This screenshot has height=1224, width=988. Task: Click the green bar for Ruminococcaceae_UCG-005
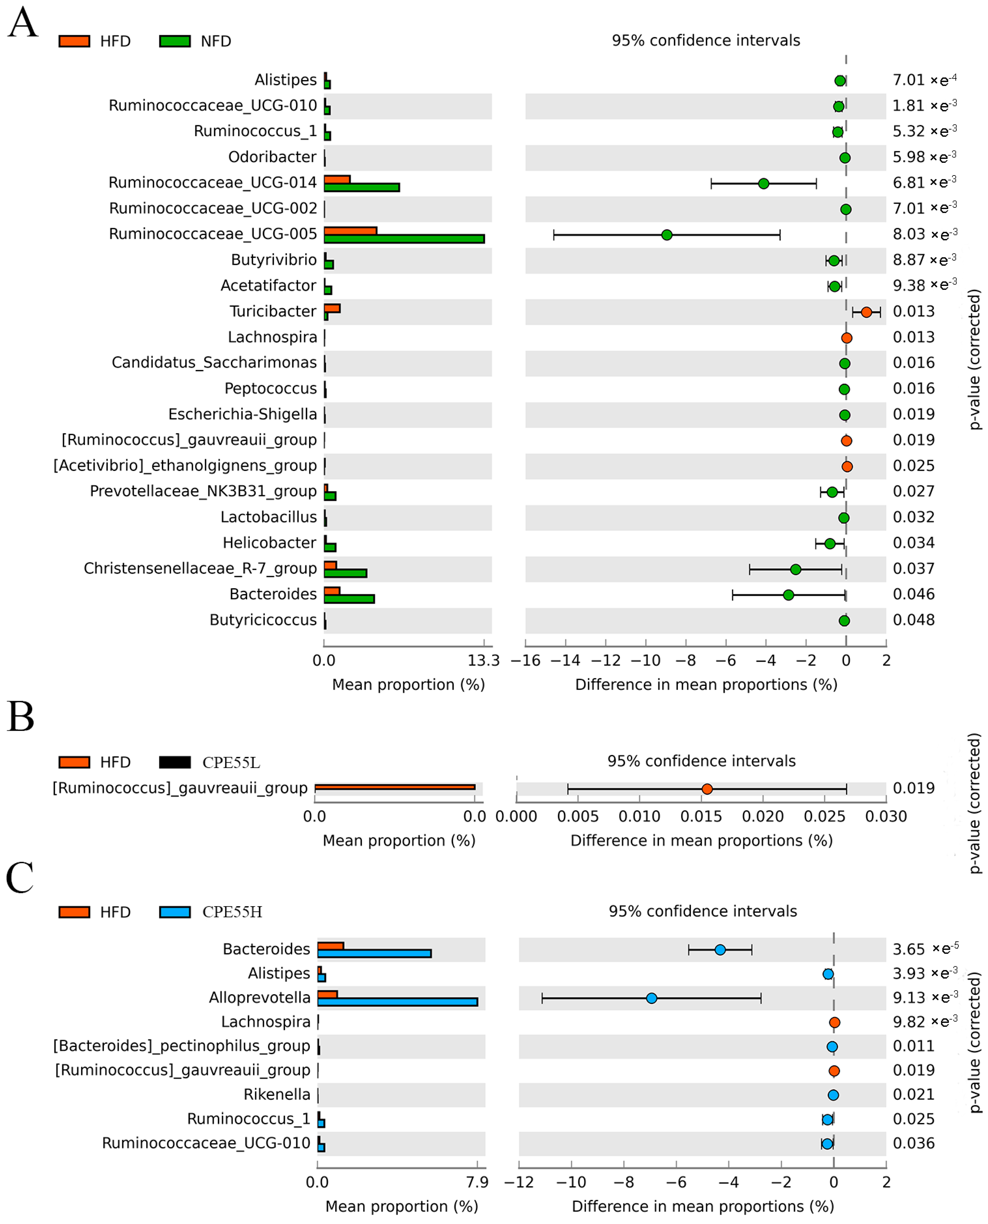pyautogui.click(x=404, y=239)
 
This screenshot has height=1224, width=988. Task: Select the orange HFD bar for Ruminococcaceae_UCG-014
pyautogui.click(x=337, y=179)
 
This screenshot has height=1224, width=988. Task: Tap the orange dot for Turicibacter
pyautogui.click(x=866, y=312)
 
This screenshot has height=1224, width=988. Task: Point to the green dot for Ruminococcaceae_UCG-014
pyautogui.click(x=764, y=183)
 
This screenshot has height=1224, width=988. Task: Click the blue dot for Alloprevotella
pyautogui.click(x=652, y=998)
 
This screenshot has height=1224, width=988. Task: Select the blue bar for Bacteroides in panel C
pyautogui.click(x=375, y=953)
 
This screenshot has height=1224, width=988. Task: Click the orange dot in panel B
pyautogui.click(x=707, y=789)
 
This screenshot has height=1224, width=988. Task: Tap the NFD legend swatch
pyautogui.click(x=175, y=41)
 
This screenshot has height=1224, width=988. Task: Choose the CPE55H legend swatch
pyautogui.click(x=175, y=912)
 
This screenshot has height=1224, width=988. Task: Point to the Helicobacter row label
pyautogui.click(x=269, y=543)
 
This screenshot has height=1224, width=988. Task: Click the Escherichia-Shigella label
pyautogui.click(x=242, y=414)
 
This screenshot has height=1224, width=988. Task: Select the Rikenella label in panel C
pyautogui.click(x=277, y=1094)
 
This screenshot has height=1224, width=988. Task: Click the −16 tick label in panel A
pyautogui.click(x=525, y=660)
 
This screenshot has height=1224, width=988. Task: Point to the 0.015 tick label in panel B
pyautogui.click(x=701, y=816)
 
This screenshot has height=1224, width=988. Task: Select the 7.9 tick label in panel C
pyautogui.click(x=477, y=1182)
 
